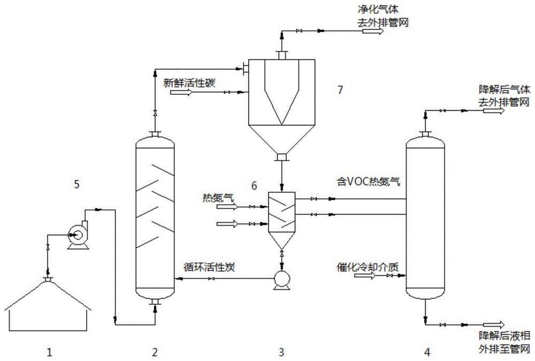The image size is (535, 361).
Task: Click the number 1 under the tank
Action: tap(49, 352)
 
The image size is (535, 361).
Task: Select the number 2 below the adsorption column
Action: tap(155, 352)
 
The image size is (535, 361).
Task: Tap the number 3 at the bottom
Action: tap(282, 352)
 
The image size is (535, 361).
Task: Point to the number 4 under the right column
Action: tap(426, 352)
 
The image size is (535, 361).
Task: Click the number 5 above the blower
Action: tap(77, 185)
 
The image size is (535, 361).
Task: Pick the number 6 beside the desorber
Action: tap(255, 185)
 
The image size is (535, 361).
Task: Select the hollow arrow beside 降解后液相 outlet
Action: tap(493, 325)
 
